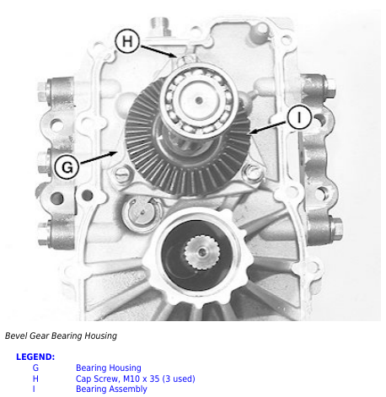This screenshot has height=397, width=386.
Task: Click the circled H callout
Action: (127, 41)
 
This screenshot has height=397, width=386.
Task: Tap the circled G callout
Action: (67, 167)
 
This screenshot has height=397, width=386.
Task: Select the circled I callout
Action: (299, 117)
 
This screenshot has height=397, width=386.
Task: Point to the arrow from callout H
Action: (158, 51)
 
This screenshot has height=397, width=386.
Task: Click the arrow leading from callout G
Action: (99, 158)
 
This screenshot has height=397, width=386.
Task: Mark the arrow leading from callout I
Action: (268, 127)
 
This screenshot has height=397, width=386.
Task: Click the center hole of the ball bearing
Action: (199, 100)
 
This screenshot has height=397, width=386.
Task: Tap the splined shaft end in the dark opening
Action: (201, 252)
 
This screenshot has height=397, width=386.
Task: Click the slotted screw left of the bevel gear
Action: (123, 174)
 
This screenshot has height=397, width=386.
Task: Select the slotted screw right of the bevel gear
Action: (254, 172)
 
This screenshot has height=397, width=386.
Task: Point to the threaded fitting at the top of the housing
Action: (160, 26)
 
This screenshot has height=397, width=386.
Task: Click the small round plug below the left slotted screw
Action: (142, 212)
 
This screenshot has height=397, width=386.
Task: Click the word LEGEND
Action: (35, 357)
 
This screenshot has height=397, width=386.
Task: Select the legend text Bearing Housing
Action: (109, 367)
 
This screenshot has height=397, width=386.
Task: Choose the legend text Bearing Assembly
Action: (111, 389)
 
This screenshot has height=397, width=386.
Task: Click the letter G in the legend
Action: (35, 367)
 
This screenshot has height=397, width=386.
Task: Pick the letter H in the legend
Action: (35, 378)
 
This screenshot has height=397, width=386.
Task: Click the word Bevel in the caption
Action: (16, 335)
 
